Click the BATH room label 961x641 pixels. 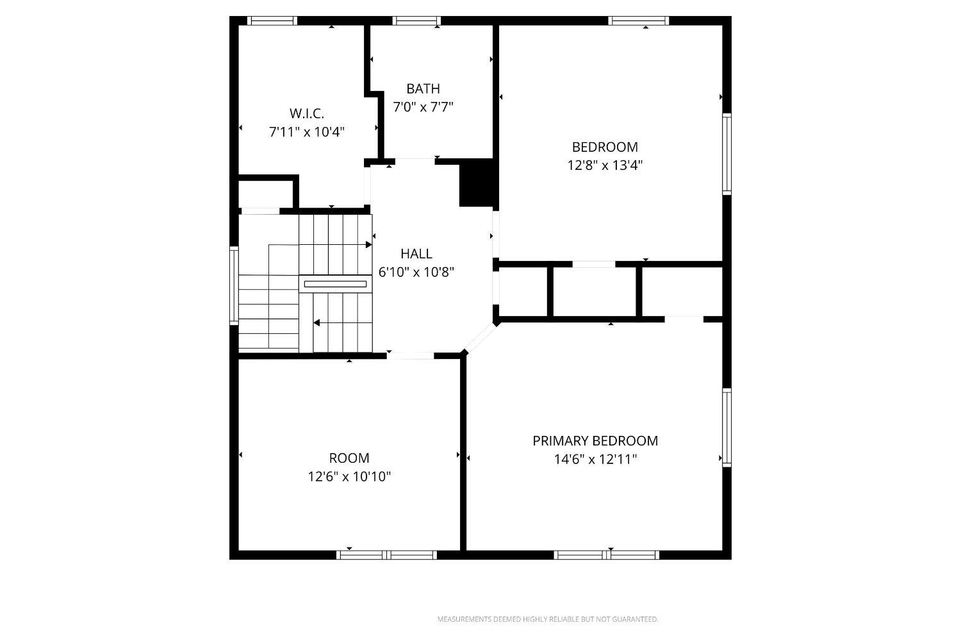(x=423, y=89)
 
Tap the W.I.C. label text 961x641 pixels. (x=307, y=113)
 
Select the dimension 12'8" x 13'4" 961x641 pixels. (x=605, y=165)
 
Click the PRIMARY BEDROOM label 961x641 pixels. (x=595, y=441)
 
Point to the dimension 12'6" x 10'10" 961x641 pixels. (x=349, y=476)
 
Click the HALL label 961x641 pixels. (x=416, y=254)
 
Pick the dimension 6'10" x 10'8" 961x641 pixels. (x=416, y=272)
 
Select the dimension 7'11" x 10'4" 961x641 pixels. (x=307, y=132)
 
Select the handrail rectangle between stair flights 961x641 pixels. (x=336, y=284)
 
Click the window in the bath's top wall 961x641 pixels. (x=416, y=21)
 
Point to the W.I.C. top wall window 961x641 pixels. (x=272, y=21)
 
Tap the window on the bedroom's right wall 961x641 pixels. (x=727, y=154)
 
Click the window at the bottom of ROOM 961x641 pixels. (x=386, y=555)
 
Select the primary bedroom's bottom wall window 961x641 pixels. (x=606, y=555)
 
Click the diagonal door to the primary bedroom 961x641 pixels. (x=480, y=338)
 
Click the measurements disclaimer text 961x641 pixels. (x=548, y=619)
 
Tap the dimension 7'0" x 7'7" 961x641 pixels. (x=423, y=107)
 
